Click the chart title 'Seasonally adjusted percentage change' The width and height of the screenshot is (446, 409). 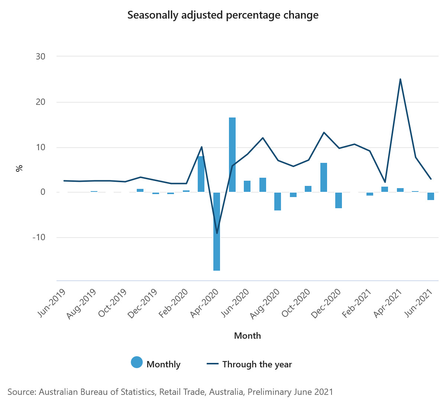(x=223, y=15)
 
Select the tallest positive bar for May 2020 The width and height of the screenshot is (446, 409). (x=232, y=155)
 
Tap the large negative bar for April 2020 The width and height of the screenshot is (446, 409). (x=217, y=231)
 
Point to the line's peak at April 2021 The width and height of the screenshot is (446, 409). (x=400, y=79)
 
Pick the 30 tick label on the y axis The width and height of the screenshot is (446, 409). (x=41, y=57)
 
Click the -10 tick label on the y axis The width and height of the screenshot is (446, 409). (x=39, y=237)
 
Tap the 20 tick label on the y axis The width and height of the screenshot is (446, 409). (x=41, y=102)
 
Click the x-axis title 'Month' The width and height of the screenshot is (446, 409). (x=248, y=336)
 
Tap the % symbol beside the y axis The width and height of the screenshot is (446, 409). (x=19, y=168)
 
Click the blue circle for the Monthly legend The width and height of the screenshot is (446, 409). (x=137, y=363)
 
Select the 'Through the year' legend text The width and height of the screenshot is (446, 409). (x=257, y=364)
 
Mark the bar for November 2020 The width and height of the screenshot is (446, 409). (x=324, y=177)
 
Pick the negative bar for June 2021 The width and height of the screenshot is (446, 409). (x=431, y=196)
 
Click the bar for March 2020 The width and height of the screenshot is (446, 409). (x=201, y=174)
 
